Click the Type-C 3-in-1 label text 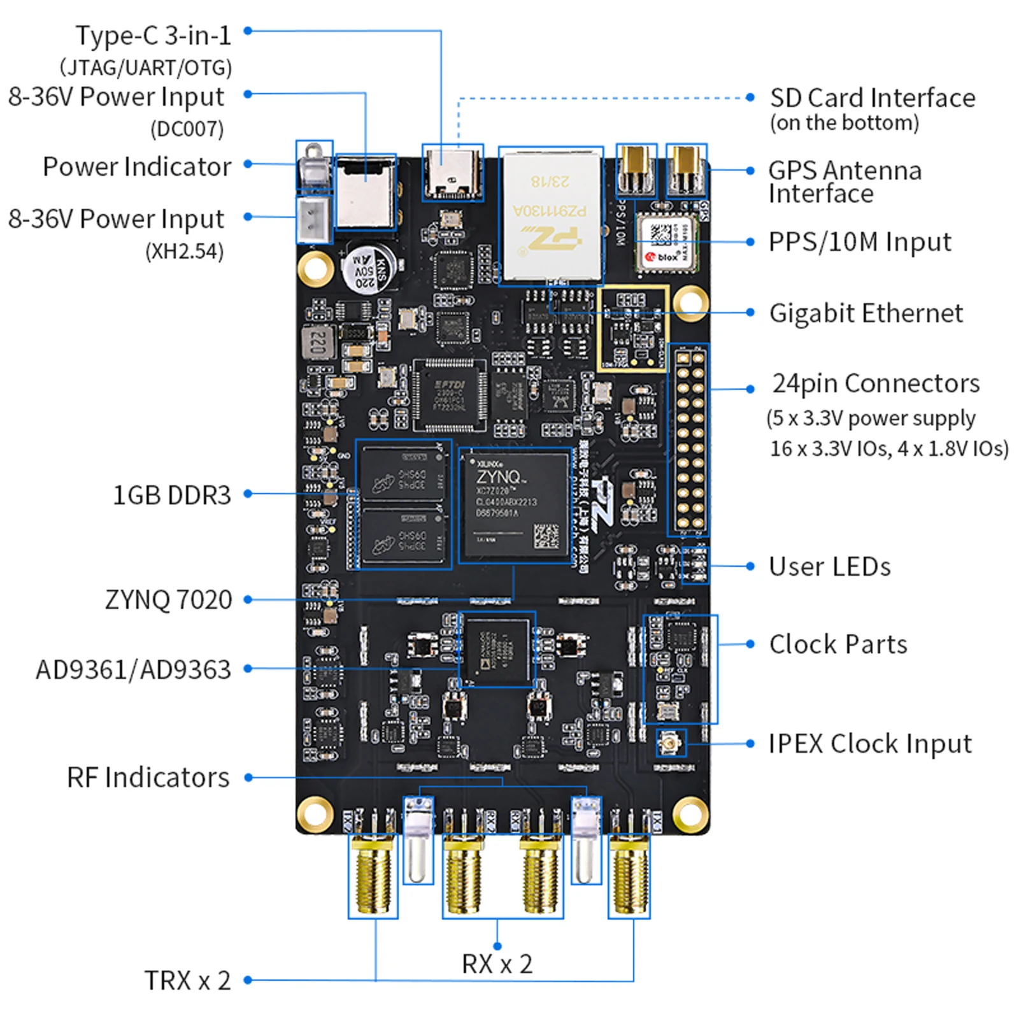(153, 36)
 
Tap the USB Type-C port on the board (452, 173)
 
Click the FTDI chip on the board (449, 394)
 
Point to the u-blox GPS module (667, 243)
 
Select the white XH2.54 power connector (314, 218)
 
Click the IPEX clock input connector (671, 743)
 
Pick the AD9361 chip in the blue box (497, 650)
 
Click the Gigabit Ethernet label (866, 313)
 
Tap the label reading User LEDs (829, 567)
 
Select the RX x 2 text (497, 964)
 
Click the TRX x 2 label (187, 981)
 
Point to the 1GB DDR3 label (171, 495)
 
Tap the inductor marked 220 (319, 343)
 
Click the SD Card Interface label (872, 98)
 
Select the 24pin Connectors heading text (876, 383)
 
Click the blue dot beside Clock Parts (750, 644)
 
